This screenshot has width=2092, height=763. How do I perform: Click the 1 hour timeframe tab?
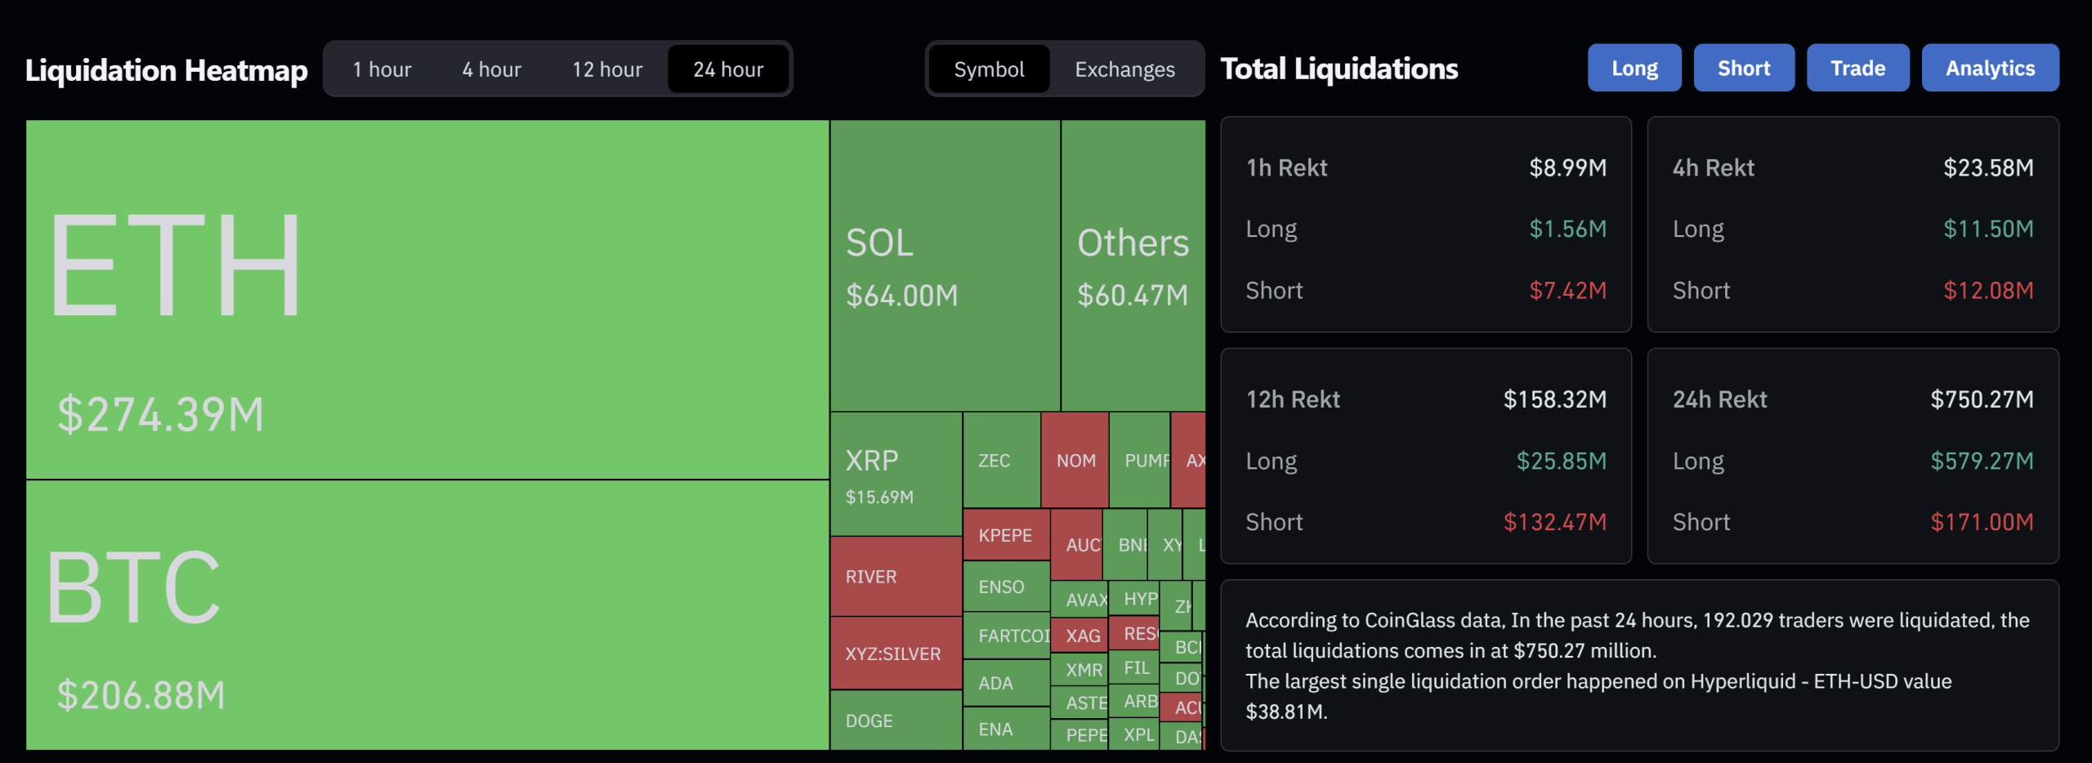382,69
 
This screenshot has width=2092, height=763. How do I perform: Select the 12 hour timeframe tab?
607,69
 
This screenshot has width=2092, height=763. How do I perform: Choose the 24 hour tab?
728,69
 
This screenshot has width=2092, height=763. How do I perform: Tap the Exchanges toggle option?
1124,69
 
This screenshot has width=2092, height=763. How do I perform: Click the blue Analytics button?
1990,68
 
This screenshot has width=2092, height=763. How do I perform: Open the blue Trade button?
1857,68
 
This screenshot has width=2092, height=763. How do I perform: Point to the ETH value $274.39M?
161,414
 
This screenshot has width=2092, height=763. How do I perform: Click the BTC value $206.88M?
141,696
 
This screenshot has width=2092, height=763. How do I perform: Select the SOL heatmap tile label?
879,243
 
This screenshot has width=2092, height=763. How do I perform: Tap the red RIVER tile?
872,577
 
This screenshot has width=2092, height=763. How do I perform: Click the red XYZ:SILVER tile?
893,654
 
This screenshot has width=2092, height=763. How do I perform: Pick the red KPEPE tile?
1005,536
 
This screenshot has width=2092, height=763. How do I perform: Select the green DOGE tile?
869,721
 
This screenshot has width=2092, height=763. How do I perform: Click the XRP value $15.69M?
879,498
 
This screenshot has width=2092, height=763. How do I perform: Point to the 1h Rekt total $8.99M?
1567,168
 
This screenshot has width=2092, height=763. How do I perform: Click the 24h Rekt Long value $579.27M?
1982,462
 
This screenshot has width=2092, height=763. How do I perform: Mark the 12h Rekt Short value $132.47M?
1554,523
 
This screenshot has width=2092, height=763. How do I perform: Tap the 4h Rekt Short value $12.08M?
1988,291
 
